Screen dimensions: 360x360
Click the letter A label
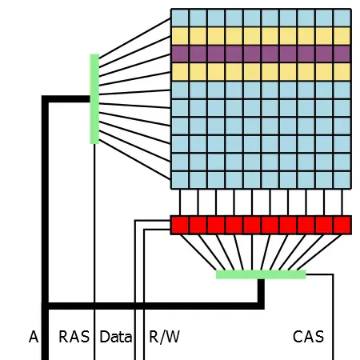[34, 337]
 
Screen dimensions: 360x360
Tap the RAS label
[74, 337]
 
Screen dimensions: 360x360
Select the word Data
[115, 337]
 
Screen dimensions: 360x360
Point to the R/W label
[164, 337]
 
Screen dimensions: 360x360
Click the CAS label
[308, 337]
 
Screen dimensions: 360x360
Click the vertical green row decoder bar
[94, 99]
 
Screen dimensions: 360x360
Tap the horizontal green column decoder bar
[261, 274]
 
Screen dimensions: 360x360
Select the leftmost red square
[180, 225]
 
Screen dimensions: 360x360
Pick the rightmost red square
[342, 225]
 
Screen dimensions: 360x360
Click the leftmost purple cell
[180, 54]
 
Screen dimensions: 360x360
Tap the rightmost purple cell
[342, 54]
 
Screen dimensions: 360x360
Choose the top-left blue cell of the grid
[180, 18]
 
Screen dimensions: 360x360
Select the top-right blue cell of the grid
[342, 18]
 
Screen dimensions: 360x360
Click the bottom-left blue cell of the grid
[180, 180]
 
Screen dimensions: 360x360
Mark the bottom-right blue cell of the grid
[342, 180]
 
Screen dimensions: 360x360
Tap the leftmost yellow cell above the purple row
[180, 36]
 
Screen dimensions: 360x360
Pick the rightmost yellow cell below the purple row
[342, 72]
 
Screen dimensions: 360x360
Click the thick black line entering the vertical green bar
[69, 99]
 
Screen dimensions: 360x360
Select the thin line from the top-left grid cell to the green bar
[135, 38]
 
